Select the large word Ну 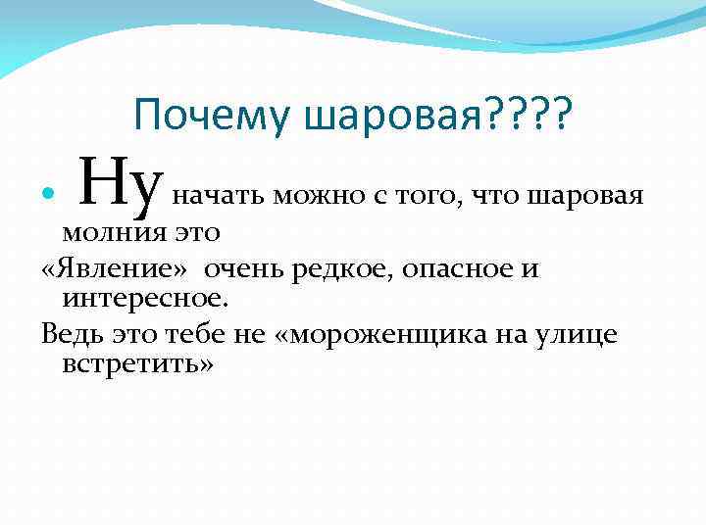tap(120, 191)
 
